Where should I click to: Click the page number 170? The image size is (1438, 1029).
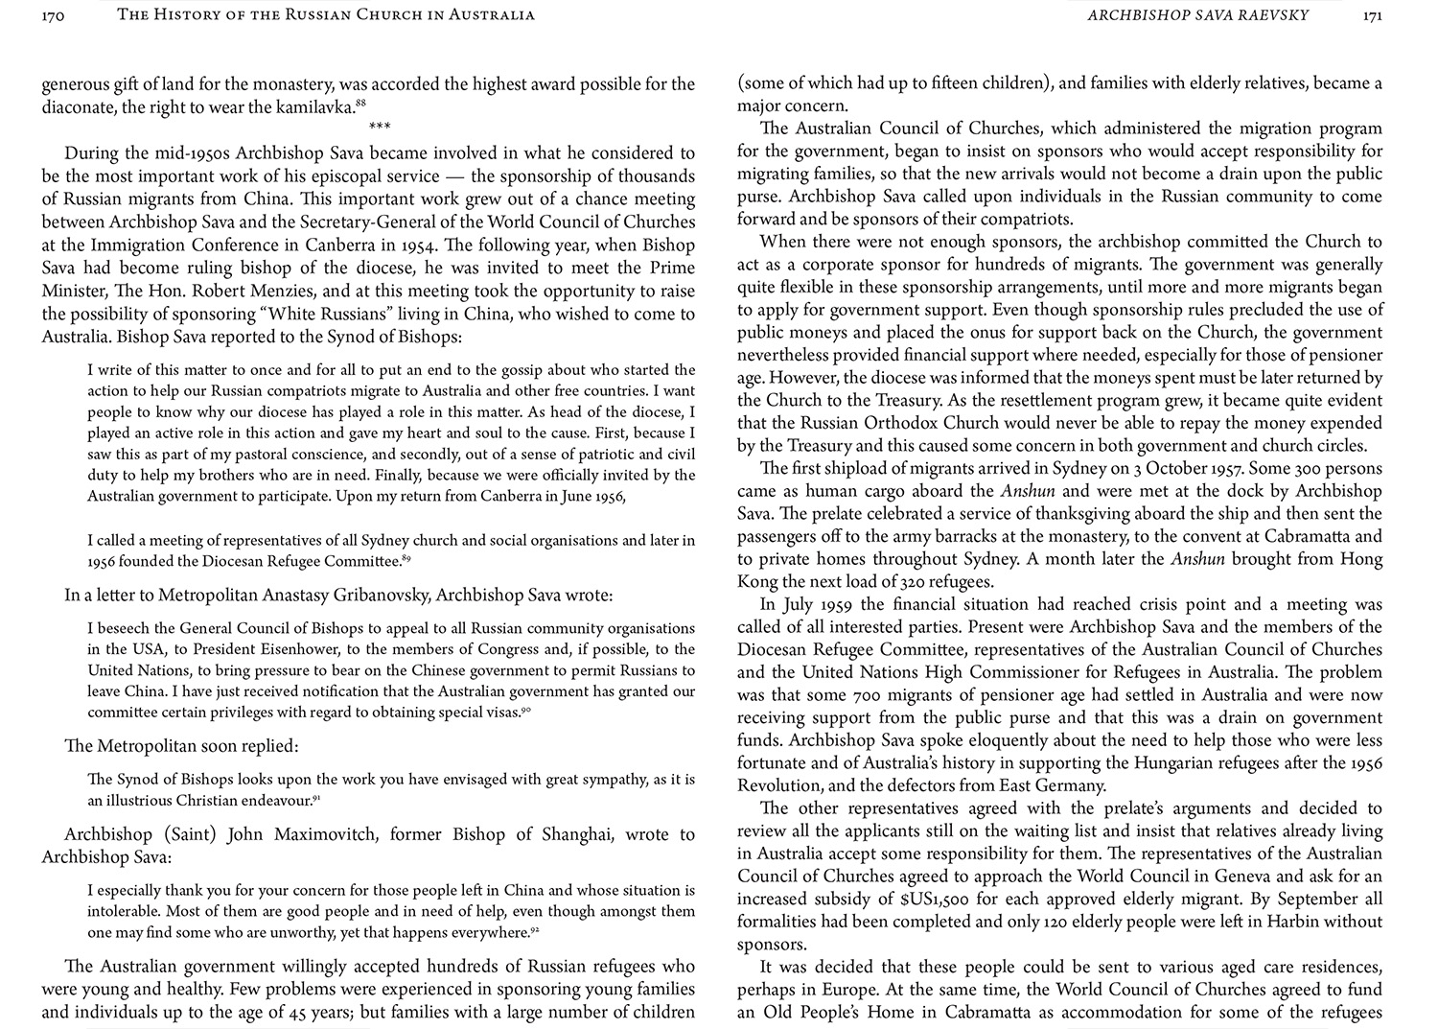(54, 15)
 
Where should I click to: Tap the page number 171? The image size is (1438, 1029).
(1372, 15)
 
